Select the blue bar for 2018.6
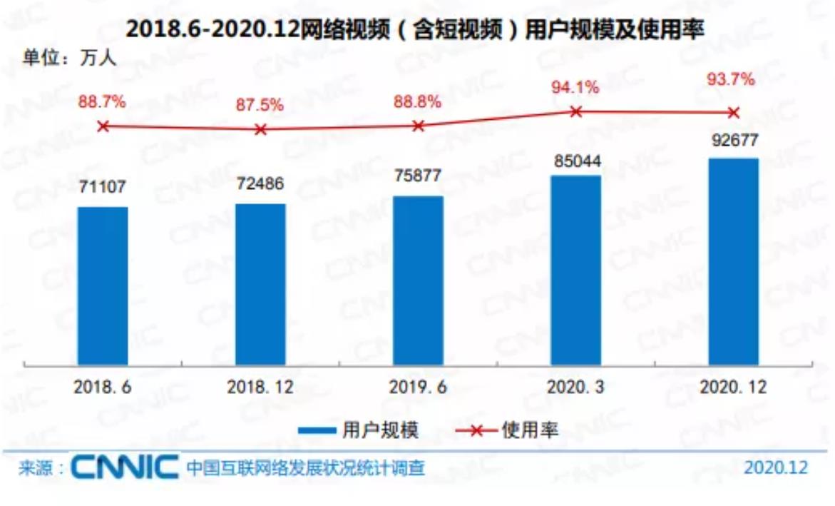click(103, 285)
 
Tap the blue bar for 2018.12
click(260, 284)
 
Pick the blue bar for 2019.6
click(418, 280)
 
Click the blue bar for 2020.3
click(575, 270)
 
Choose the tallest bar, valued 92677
click(733, 261)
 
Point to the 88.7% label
click(102, 102)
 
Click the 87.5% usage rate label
click(260, 105)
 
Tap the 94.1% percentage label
click(575, 87)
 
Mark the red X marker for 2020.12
click(733, 112)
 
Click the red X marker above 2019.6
click(418, 126)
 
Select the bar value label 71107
click(102, 187)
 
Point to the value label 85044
click(575, 161)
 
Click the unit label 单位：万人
click(69, 57)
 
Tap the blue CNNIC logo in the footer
click(125, 468)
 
